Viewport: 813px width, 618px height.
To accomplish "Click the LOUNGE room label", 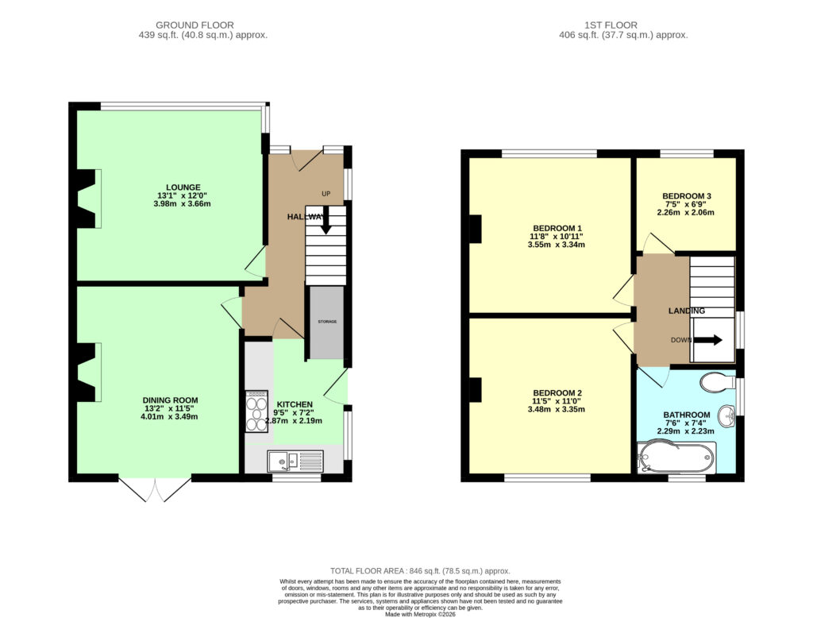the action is point(183,187).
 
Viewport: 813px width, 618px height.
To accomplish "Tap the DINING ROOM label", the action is point(170,400).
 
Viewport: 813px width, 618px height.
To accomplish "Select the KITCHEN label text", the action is point(295,404).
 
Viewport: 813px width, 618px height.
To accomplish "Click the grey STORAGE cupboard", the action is point(327,323).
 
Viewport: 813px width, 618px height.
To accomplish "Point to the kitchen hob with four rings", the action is point(256,411).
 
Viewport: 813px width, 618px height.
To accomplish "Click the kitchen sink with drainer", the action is point(295,461).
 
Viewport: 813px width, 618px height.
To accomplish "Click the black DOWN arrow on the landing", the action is point(707,341).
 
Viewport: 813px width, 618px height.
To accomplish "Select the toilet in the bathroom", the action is point(718,382).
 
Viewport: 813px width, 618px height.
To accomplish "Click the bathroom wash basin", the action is point(727,416).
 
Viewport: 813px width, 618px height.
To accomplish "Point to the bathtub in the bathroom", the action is point(676,458).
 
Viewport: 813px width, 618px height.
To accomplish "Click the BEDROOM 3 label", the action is point(687,196).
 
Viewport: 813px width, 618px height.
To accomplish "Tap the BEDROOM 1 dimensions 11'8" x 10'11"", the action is point(557,236).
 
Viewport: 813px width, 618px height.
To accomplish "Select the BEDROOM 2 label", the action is point(557,392).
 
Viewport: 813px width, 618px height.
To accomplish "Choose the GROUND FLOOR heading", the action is point(195,25).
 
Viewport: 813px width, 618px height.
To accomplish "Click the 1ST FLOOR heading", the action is point(611,25).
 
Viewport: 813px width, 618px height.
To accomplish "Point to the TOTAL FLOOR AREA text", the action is point(420,571).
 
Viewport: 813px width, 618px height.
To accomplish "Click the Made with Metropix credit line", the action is point(420,614).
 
